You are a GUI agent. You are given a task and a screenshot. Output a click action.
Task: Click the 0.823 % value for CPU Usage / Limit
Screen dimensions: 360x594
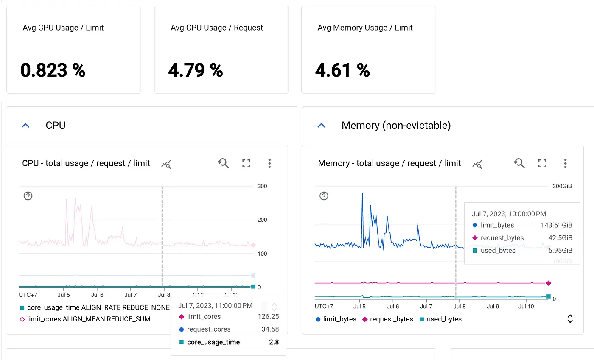(x=53, y=70)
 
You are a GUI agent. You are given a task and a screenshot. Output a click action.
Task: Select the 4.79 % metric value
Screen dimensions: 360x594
(x=196, y=70)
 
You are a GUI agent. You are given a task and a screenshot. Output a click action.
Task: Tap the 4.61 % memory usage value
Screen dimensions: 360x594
(x=342, y=70)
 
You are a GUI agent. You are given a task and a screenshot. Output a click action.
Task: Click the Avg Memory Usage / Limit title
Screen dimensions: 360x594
(x=365, y=28)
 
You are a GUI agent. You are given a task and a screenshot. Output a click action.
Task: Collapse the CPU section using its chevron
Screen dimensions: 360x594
(x=25, y=126)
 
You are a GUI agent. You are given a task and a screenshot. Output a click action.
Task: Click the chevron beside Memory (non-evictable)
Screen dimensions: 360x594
(x=322, y=126)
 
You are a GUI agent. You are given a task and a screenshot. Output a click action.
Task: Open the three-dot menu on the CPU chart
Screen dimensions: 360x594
(x=269, y=164)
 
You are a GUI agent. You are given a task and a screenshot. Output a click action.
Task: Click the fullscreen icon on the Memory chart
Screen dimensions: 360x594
(x=542, y=164)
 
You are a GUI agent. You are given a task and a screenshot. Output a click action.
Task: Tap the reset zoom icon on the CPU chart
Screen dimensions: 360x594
(x=223, y=164)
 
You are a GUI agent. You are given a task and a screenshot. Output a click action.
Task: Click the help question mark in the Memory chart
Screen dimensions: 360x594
(x=324, y=196)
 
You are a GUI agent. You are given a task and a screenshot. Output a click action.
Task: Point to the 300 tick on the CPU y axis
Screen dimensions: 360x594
(x=262, y=187)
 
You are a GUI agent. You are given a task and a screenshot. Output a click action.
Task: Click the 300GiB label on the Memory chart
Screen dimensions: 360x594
(x=562, y=187)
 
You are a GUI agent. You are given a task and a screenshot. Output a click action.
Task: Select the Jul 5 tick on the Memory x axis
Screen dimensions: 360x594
(x=359, y=306)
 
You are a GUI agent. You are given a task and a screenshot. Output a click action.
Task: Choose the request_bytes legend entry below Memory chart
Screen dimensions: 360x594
(x=387, y=319)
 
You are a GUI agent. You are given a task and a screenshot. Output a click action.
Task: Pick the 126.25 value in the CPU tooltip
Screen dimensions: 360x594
(x=268, y=316)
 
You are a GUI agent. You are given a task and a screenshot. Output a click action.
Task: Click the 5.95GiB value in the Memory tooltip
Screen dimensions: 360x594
(x=560, y=251)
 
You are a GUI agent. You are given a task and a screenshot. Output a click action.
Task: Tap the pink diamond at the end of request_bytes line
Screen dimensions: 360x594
(x=549, y=283)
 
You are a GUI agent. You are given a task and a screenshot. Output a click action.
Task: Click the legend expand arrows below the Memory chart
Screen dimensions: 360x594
(x=570, y=319)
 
